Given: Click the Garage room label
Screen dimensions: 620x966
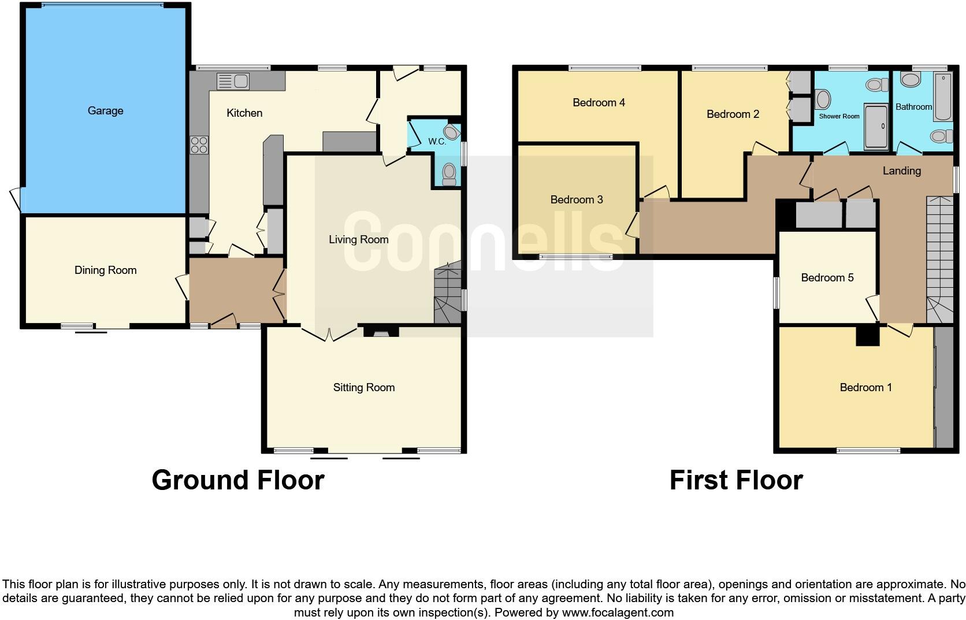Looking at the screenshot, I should point(105,111).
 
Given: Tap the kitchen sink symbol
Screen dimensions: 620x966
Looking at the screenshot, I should point(233,81).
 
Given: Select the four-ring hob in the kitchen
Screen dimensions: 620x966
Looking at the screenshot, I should point(199,144).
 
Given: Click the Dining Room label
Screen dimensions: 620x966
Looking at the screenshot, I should point(105,270).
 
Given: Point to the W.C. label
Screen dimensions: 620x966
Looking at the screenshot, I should point(437,142).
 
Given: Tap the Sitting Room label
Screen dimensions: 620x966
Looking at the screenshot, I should point(363,388).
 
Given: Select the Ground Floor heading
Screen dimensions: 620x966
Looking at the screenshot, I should point(237,481).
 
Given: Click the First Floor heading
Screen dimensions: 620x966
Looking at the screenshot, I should point(735,481).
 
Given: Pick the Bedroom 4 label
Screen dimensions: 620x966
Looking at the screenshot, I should point(599,103).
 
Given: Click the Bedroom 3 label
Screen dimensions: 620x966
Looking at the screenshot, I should point(577,200).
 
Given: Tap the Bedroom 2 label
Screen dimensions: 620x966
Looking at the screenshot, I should point(733,114).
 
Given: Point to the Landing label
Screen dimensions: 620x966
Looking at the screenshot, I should point(901,171).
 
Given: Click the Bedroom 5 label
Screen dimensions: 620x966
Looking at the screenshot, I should point(827,278).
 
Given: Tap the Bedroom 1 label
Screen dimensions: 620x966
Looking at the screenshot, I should point(865,388).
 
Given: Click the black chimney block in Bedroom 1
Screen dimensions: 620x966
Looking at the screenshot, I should point(867,336).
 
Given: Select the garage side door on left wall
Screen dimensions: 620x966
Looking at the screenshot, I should point(16,200).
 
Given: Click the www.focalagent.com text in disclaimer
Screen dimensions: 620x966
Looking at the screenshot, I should point(618,612).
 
